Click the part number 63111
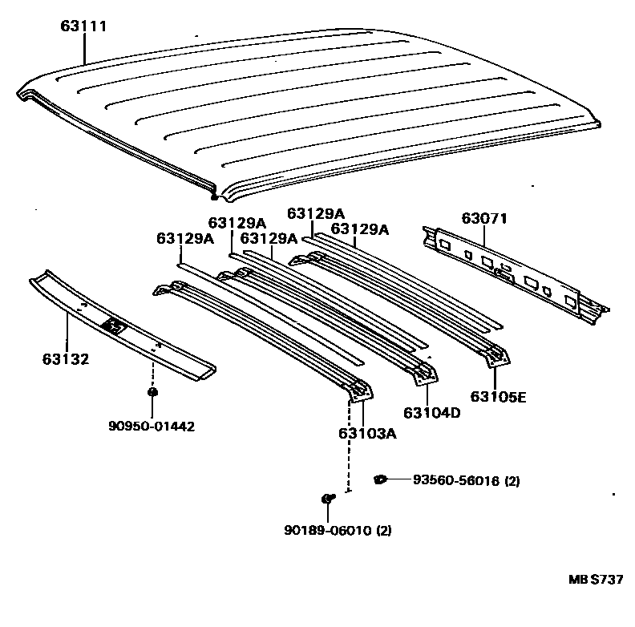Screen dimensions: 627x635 (x=83, y=27)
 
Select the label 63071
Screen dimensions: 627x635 (x=484, y=218)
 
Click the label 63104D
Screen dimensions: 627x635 (x=431, y=412)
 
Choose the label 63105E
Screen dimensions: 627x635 (x=498, y=395)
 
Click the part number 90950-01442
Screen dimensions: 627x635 (x=152, y=426)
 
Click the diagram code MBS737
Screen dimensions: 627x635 (x=596, y=580)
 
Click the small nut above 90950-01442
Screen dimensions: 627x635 (x=152, y=392)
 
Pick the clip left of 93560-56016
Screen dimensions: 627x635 (x=380, y=479)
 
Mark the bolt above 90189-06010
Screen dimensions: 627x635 (x=328, y=500)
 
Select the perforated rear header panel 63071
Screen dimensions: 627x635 (x=513, y=273)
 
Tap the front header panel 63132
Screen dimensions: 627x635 (x=120, y=325)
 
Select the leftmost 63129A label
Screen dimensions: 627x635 (x=185, y=238)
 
